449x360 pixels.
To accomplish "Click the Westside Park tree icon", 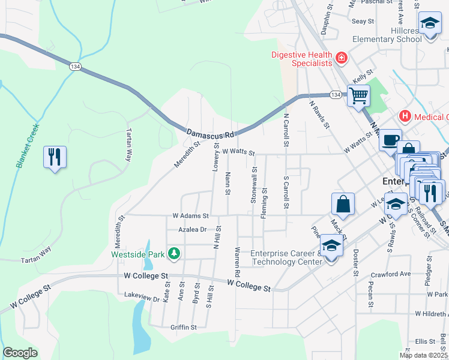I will click(x=174, y=254).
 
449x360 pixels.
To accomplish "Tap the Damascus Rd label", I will click(x=209, y=133).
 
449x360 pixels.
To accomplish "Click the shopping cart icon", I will click(x=358, y=95).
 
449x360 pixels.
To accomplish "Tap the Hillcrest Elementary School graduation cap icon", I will click(x=430, y=23).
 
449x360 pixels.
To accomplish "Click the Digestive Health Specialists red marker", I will click(x=342, y=58).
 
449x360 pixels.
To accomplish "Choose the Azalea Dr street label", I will click(x=193, y=230).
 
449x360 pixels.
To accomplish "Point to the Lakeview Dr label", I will click(x=142, y=296).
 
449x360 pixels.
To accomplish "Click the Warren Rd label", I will click(x=238, y=262).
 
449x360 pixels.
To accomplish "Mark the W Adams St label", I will click(x=190, y=215).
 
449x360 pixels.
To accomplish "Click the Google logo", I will click(x=20, y=353).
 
